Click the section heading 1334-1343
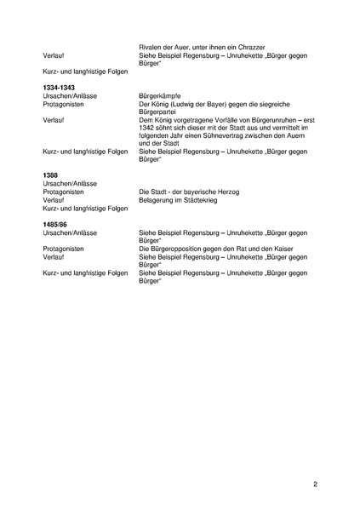pos(60,88)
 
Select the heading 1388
pos(50,175)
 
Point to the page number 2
pos(315,485)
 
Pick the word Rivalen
pos(151,47)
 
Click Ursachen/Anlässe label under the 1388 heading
pos(70,184)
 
